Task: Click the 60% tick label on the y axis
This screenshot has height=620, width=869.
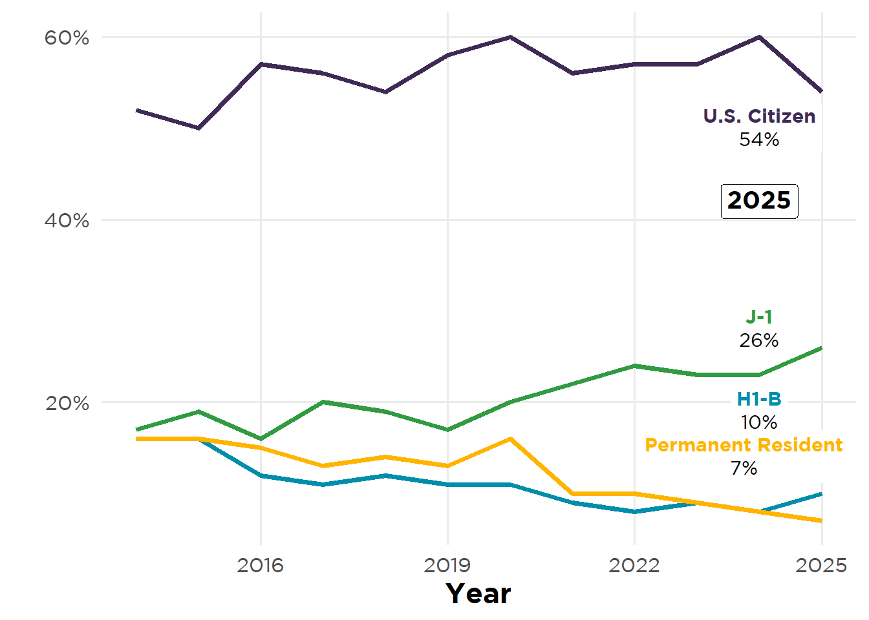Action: coord(67,37)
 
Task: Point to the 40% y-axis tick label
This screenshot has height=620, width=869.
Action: coord(67,220)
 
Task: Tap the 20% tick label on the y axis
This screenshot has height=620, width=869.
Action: coord(67,403)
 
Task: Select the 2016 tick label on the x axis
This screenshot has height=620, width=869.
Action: coord(260,565)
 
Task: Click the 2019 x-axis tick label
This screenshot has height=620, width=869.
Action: coord(447,565)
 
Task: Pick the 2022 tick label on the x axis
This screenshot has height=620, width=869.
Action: coord(634,565)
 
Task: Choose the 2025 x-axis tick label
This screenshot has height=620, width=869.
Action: coord(821,565)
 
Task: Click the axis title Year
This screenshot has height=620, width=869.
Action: coord(478,594)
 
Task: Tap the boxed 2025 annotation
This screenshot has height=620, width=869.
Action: coord(759,201)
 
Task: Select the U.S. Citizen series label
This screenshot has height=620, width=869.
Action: coord(759,116)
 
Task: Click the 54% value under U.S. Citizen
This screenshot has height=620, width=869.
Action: coord(759,139)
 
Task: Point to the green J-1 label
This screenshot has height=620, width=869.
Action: coord(759,317)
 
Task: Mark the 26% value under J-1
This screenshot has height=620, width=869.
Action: coord(759,340)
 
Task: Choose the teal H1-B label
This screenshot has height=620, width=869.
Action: coord(759,399)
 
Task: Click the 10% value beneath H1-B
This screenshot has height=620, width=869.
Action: coord(759,422)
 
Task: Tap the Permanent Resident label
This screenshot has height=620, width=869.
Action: coord(744,445)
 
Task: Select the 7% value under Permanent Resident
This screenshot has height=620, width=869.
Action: coord(744,468)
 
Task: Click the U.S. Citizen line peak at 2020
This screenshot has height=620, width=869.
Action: coord(510,37)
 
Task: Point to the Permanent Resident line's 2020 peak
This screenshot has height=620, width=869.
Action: coord(510,439)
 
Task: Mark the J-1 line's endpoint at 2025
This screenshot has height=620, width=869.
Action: coord(821,348)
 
